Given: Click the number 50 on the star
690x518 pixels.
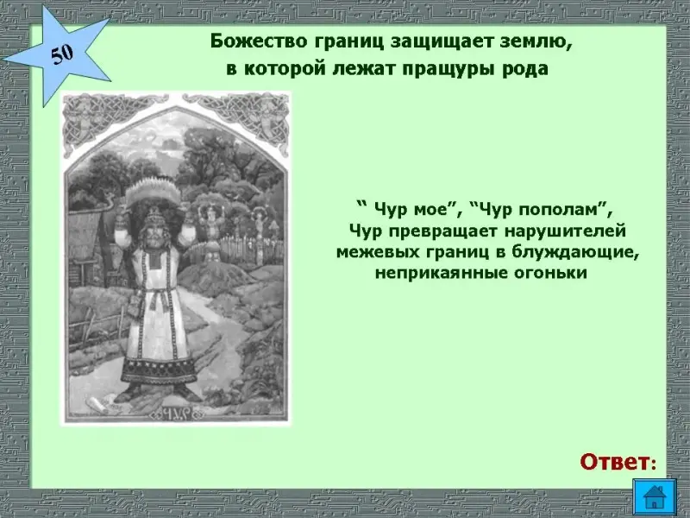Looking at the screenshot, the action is coord(62,55).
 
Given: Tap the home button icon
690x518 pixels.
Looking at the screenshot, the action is coord(654,496).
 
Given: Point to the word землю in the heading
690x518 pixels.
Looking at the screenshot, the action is coord(529,42).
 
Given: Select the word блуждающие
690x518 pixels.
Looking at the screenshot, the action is coord(576,252).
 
